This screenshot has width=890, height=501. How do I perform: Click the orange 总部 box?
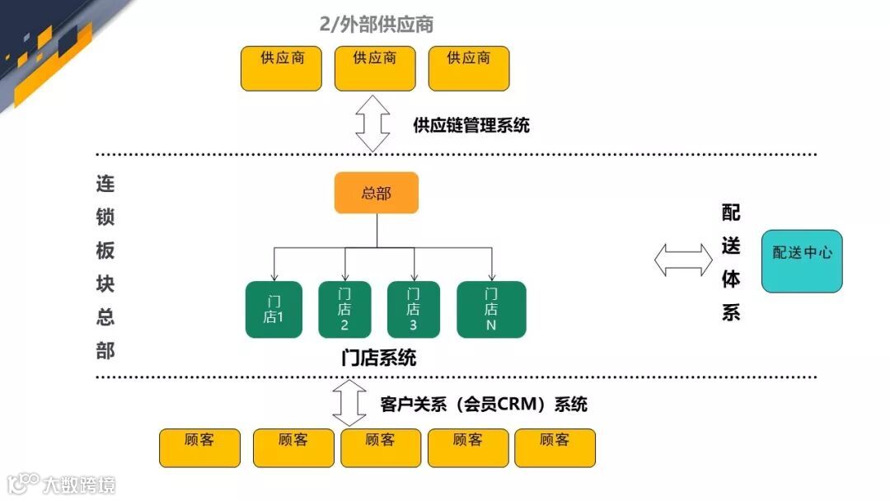(376, 193)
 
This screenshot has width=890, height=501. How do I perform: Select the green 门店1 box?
(274, 309)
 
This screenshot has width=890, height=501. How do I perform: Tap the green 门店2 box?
(344, 309)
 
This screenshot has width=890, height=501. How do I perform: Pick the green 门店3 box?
(413, 309)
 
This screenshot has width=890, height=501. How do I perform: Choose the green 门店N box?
(491, 309)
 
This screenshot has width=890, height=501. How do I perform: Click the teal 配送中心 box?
(802, 260)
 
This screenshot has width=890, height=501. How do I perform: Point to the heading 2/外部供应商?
(376, 25)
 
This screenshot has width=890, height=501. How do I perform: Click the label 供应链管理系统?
(471, 125)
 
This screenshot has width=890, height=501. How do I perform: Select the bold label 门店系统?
(378, 358)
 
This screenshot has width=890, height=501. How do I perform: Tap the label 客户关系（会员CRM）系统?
(484, 405)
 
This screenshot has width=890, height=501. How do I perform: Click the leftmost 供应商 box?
(281, 68)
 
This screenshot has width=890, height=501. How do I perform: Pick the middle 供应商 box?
(375, 68)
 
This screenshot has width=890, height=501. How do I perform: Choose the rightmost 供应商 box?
(469, 68)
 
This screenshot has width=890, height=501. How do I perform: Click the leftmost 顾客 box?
(199, 447)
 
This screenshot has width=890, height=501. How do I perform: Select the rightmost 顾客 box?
(555, 447)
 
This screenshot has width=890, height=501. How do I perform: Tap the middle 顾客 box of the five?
(381, 447)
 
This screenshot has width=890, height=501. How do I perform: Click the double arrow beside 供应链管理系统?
(372, 124)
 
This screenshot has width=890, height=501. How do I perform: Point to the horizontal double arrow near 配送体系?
(683, 260)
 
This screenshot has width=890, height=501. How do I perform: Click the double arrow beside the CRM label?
(349, 403)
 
